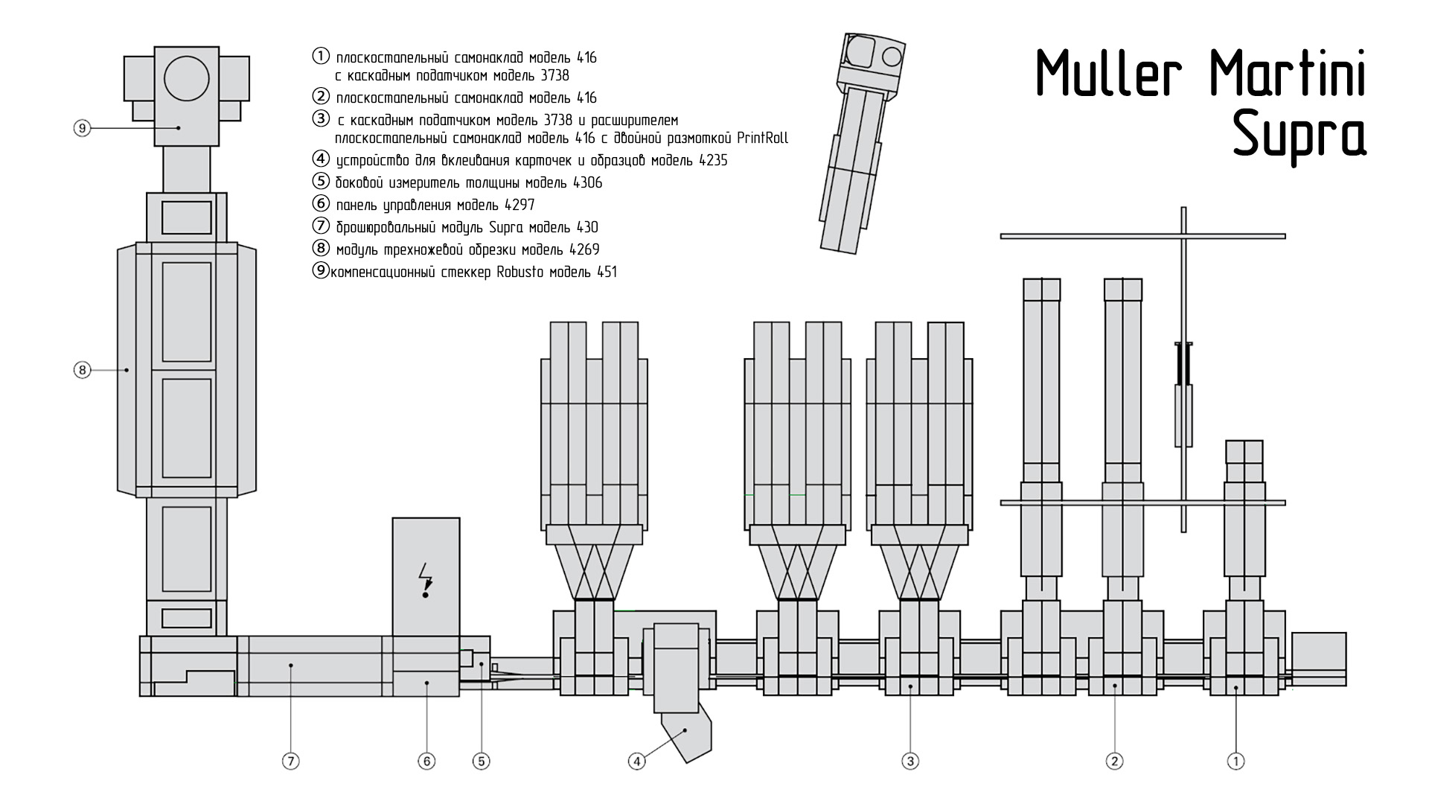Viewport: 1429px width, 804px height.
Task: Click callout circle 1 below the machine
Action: (1235, 761)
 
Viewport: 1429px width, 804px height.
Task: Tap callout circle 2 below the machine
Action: (1114, 761)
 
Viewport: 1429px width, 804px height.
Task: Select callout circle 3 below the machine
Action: (910, 761)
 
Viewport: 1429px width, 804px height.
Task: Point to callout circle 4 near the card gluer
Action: (636, 761)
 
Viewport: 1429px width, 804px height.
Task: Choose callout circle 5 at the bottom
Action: (482, 761)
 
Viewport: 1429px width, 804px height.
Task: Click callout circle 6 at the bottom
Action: (426, 761)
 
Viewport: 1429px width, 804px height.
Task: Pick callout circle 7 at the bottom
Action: (291, 761)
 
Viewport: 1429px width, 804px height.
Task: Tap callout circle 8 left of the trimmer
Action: (82, 369)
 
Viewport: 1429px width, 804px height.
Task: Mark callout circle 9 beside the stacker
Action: (82, 128)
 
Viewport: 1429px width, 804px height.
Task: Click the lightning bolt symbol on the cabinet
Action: (426, 580)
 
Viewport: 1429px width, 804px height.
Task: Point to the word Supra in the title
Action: (1299, 135)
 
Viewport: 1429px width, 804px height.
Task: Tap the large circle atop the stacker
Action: (187, 78)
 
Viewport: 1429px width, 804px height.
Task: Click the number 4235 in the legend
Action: (713, 160)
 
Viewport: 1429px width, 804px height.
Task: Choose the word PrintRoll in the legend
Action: (763, 138)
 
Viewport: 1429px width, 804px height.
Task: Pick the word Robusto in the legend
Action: (520, 272)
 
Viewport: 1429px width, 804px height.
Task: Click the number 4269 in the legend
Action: (584, 249)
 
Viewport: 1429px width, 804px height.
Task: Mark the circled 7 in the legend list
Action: (321, 226)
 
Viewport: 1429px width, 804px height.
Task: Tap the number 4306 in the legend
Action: (588, 182)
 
